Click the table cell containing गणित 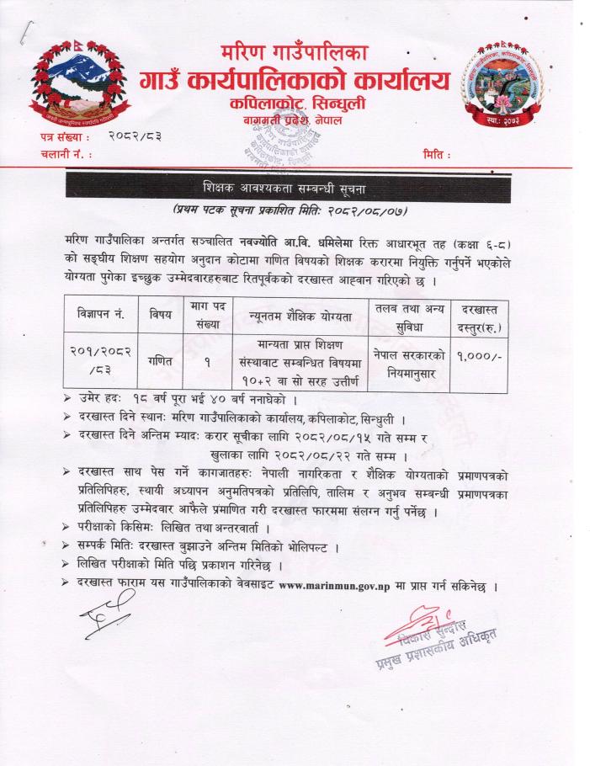point(160,359)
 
